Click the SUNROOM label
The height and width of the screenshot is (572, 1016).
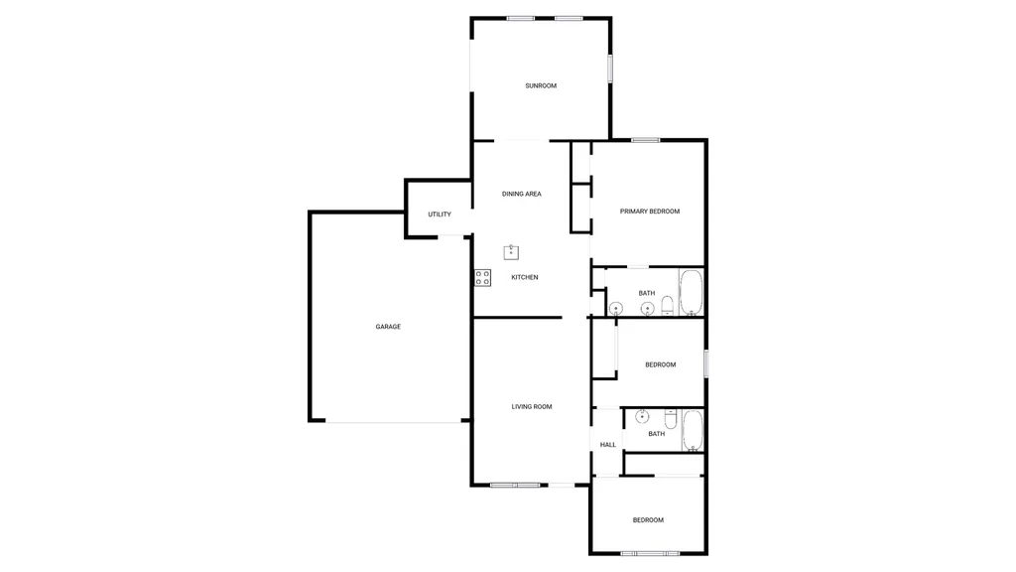pos(541,85)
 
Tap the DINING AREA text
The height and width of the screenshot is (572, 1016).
pos(522,194)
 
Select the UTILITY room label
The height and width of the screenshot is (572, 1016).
pos(440,214)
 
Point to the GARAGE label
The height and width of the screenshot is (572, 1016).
pos(388,327)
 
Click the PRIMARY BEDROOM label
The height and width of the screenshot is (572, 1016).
pos(650,212)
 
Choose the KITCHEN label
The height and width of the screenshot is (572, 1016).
pos(525,278)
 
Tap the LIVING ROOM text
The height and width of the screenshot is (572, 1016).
pos(532,406)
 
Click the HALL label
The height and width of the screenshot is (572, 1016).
pos(608,445)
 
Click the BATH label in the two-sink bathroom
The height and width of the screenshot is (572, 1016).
pos(647,293)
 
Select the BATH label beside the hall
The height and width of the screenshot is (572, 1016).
pos(657,434)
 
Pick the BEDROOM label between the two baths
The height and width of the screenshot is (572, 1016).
pos(660,365)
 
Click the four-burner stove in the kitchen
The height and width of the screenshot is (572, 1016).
pos(483,278)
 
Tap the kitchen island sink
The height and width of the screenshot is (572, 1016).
pos(511,251)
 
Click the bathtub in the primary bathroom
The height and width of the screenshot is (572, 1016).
pos(691,292)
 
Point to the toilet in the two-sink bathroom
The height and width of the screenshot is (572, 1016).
pos(668,306)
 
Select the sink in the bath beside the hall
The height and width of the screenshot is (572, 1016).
pos(642,416)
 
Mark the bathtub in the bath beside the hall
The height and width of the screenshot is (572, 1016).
pos(693,430)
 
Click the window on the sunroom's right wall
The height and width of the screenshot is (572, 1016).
pos(610,69)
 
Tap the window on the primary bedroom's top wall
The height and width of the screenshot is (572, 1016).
pos(645,140)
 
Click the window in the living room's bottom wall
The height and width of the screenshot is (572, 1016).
pos(515,485)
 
